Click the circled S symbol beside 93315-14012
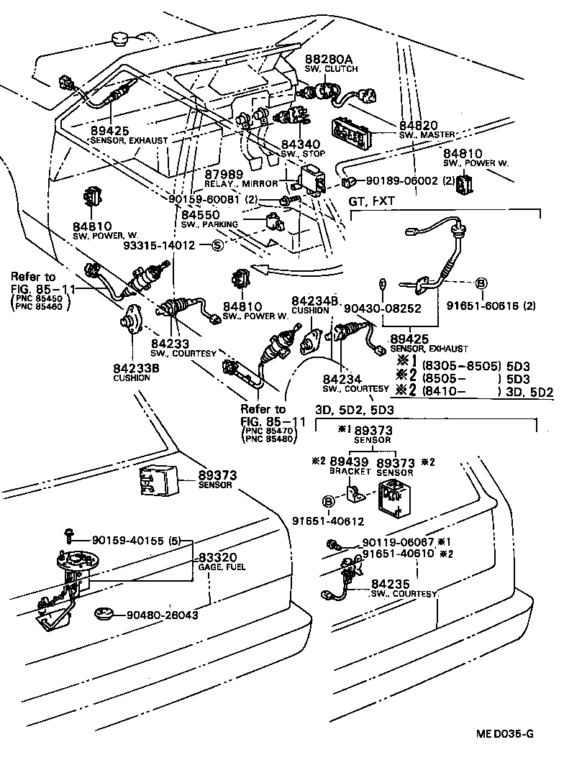[x=218, y=245]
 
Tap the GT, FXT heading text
[x=372, y=202]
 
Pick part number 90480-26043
[x=163, y=615]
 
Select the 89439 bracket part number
[x=349, y=462]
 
